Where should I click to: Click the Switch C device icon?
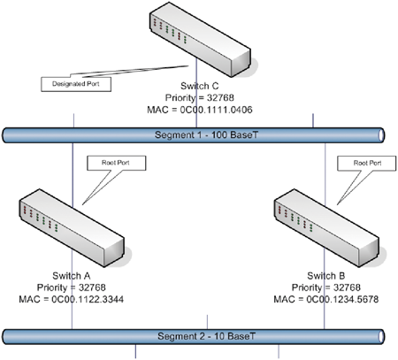(x=200, y=40)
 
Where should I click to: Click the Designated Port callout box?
(x=76, y=84)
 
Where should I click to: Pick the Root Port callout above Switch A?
(x=116, y=163)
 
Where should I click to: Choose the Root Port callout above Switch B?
(x=367, y=164)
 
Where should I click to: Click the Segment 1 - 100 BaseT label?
(x=206, y=135)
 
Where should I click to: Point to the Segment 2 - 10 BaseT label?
(x=206, y=336)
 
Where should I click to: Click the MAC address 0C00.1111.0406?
(x=216, y=110)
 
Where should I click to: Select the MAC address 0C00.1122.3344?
(x=88, y=299)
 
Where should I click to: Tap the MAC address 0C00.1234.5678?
(x=342, y=299)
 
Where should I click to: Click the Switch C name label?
(x=200, y=86)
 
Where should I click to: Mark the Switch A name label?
(x=72, y=276)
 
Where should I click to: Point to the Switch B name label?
(x=326, y=276)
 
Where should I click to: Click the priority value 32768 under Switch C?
(x=220, y=97)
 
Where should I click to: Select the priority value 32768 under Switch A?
(x=92, y=287)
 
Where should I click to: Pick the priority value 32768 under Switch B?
(x=347, y=287)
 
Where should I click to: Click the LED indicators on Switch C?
(x=170, y=31)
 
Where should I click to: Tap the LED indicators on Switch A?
(x=41, y=218)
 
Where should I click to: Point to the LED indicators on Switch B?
(x=295, y=218)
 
